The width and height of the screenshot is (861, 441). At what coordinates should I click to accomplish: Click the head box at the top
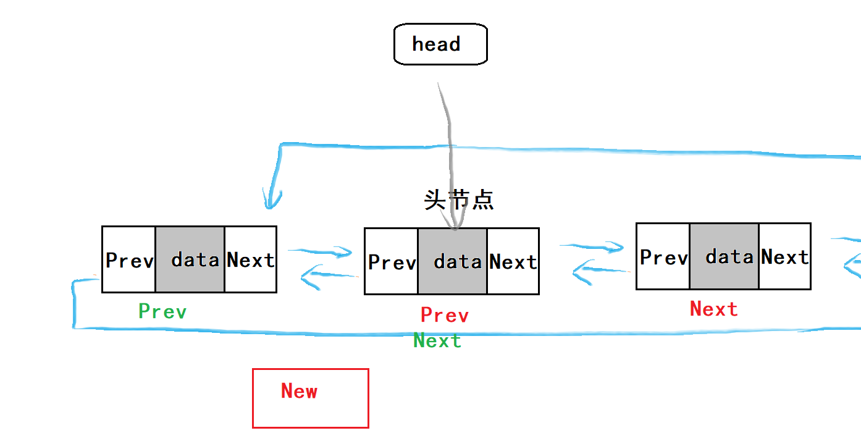click(x=440, y=44)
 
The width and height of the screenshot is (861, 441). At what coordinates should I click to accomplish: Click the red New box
click(x=310, y=398)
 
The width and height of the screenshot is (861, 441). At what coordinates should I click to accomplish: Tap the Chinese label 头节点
click(x=459, y=200)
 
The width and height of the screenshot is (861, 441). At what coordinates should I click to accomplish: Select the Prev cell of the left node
click(x=128, y=259)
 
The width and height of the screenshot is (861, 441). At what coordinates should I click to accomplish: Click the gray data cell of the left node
click(x=190, y=259)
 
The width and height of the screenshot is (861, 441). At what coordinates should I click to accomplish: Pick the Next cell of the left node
click(x=250, y=259)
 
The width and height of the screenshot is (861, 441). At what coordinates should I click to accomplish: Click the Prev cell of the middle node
click(x=391, y=261)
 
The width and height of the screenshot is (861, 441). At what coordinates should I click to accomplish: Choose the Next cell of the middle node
click(x=513, y=261)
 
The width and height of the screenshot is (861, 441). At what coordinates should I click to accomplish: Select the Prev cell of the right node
click(x=663, y=256)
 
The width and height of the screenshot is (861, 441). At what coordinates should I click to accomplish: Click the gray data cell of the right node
click(x=724, y=256)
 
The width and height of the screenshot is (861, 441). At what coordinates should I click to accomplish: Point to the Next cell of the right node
click(x=784, y=256)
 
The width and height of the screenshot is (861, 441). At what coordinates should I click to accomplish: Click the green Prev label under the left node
click(x=162, y=311)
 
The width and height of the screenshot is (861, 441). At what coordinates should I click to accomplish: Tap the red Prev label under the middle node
click(x=445, y=315)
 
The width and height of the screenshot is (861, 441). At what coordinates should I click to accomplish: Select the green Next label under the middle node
click(x=437, y=340)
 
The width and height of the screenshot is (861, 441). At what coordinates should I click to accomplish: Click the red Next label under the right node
click(x=713, y=309)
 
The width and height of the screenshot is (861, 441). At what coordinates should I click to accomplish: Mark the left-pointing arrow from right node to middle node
click(x=599, y=271)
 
